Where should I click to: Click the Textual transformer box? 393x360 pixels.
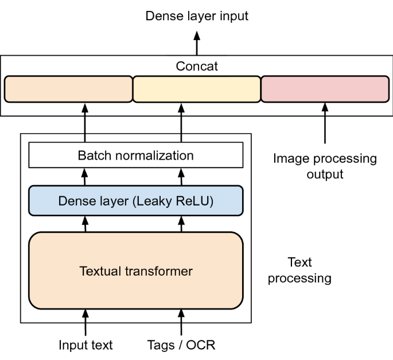136,270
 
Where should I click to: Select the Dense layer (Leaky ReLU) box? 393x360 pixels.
136,201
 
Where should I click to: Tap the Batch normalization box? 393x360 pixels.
136,155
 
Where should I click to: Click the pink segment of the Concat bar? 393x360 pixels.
325,89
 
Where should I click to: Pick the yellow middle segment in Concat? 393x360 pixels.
197,89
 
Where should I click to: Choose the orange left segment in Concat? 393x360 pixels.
68,89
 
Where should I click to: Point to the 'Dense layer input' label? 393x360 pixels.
197,16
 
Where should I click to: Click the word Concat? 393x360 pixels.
197,67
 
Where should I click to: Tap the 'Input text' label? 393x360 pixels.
86,345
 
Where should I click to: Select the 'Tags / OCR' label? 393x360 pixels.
181,345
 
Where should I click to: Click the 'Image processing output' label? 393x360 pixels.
325,165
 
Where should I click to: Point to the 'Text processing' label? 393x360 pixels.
299,270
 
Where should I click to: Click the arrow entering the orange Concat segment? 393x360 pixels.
86,122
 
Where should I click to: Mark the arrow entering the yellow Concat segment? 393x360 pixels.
181,122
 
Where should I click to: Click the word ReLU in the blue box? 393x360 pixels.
194,201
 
